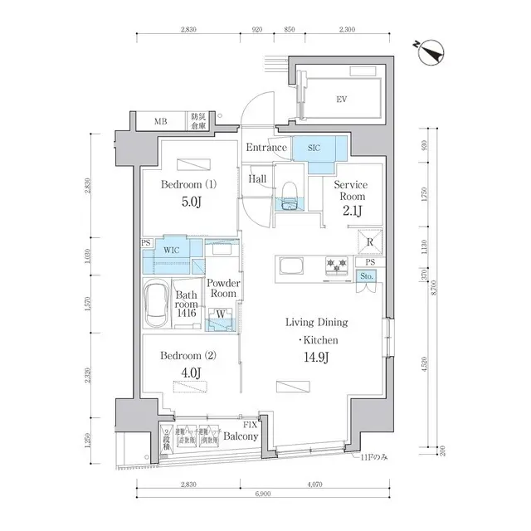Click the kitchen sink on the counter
[x=294, y=266]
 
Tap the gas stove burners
[x=338, y=265]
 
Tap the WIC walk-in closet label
[x=172, y=248]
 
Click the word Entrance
[x=265, y=148]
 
